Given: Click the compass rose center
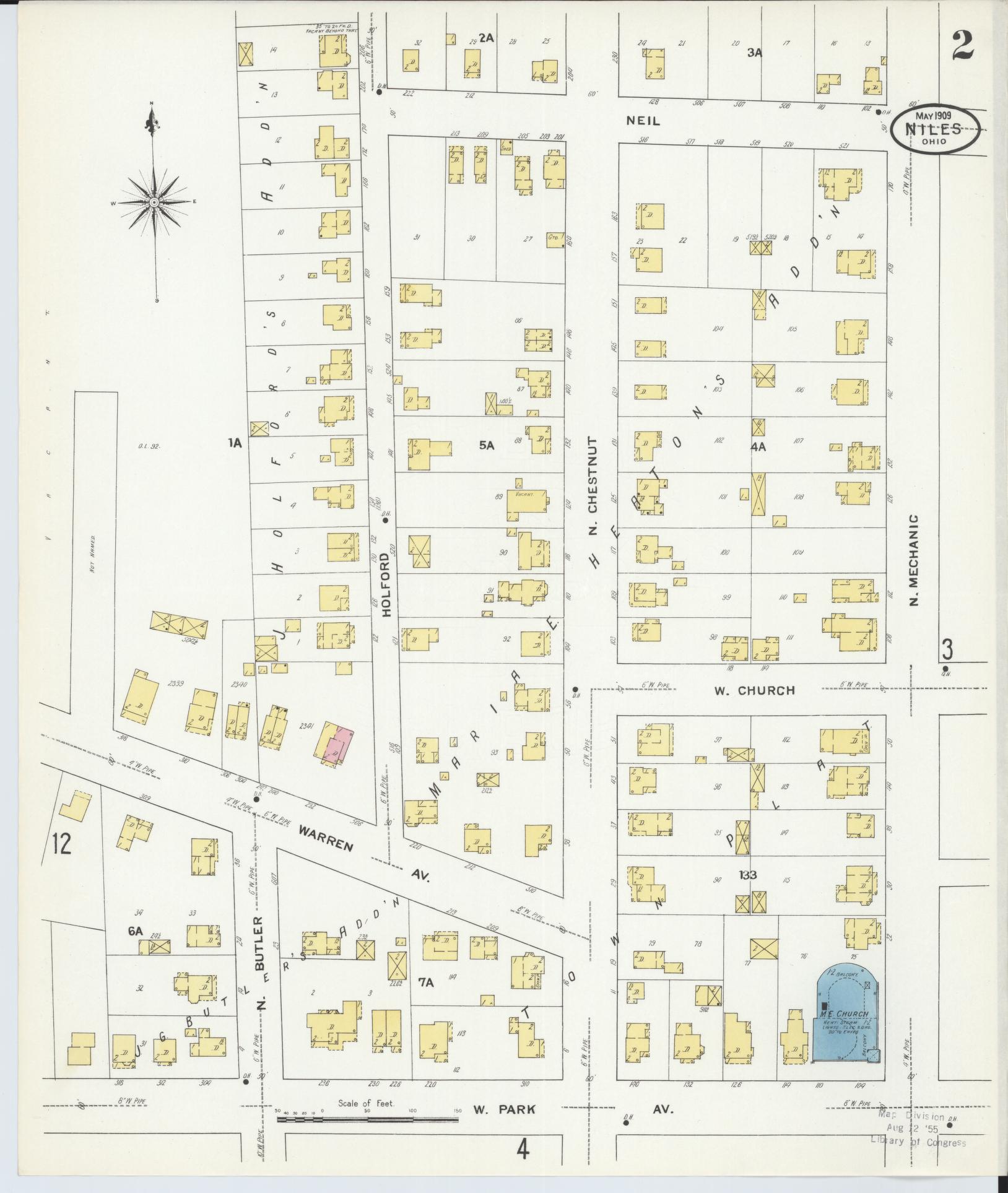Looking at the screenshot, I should [153, 202].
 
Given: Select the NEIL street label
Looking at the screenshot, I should [643, 121].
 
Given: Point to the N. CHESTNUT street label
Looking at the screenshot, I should [593, 483].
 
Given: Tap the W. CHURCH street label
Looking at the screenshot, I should [754, 690].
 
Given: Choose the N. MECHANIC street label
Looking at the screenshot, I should [916, 561].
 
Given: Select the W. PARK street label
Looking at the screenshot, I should [504, 1110].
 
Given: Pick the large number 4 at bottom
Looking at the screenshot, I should [523, 1150].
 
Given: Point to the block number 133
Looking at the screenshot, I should [747, 875].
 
